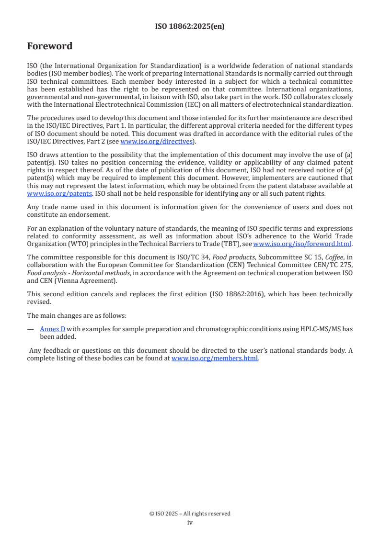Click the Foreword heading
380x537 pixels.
tap(50, 46)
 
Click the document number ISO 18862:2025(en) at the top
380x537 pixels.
tap(190, 27)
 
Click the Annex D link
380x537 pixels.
tap(53, 329)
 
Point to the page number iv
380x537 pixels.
tap(190, 522)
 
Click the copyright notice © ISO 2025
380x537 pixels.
tap(190, 514)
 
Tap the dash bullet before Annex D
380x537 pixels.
tap(30, 329)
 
